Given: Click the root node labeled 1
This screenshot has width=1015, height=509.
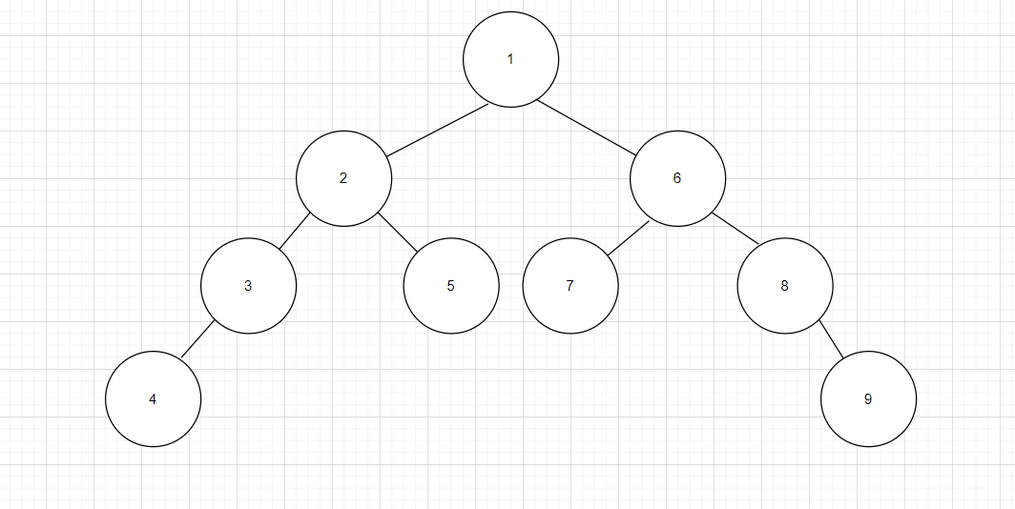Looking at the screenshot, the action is click(x=510, y=59).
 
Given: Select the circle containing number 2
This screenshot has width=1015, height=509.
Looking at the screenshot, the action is click(x=343, y=178).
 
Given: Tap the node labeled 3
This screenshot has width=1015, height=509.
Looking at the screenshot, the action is click(x=248, y=285).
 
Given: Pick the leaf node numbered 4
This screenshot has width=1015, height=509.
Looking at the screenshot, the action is click(x=153, y=399).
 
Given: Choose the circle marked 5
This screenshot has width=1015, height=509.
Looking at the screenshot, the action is click(x=450, y=286).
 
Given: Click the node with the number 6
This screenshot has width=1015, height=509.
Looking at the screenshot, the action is click(x=677, y=178).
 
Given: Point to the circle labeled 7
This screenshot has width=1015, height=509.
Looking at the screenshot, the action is click(x=570, y=286).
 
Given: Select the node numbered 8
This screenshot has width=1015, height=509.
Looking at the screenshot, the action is click(x=785, y=285).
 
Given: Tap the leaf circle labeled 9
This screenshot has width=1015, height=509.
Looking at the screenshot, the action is click(x=868, y=399).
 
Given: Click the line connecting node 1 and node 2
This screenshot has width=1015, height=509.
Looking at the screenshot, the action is click(x=438, y=129).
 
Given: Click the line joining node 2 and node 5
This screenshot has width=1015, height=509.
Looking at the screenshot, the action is click(x=398, y=234).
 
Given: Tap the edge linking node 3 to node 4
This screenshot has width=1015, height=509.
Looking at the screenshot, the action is click(x=197, y=340).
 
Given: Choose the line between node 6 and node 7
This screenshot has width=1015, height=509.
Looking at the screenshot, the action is click(x=629, y=238).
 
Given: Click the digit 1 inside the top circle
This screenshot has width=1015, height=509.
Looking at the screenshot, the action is click(x=510, y=59).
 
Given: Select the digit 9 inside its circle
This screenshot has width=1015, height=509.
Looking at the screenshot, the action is click(x=868, y=399).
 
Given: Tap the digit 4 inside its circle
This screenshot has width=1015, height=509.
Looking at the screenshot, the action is click(x=153, y=399).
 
